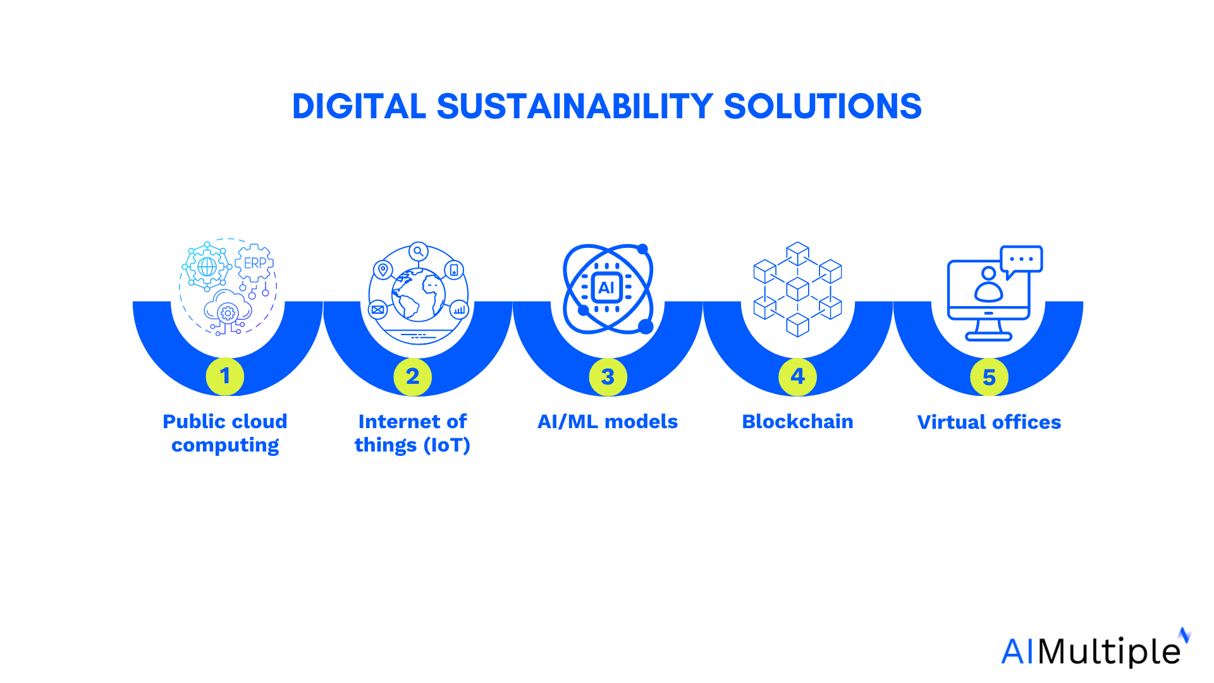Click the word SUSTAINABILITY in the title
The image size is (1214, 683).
(575, 106)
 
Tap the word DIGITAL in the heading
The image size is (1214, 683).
(359, 106)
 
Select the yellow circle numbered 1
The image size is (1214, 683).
(224, 376)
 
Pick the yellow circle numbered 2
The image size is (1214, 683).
(412, 377)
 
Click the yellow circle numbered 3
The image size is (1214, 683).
(608, 377)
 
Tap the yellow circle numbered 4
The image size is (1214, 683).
(797, 377)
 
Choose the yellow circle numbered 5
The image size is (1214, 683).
(989, 378)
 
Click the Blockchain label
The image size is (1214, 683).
(797, 421)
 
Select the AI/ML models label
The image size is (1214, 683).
(607, 421)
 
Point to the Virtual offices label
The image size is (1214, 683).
(989, 422)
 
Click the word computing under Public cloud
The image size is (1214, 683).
(225, 445)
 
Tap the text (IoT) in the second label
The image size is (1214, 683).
(447, 445)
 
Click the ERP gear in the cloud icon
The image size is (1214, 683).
(255, 262)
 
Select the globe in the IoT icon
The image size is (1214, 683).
(418, 293)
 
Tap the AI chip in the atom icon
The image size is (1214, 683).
(606, 288)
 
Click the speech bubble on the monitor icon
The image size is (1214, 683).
(1021, 259)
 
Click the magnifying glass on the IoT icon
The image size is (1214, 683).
(418, 252)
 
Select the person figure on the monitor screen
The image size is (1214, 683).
(988, 284)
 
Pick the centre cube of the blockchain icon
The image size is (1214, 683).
(797, 288)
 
